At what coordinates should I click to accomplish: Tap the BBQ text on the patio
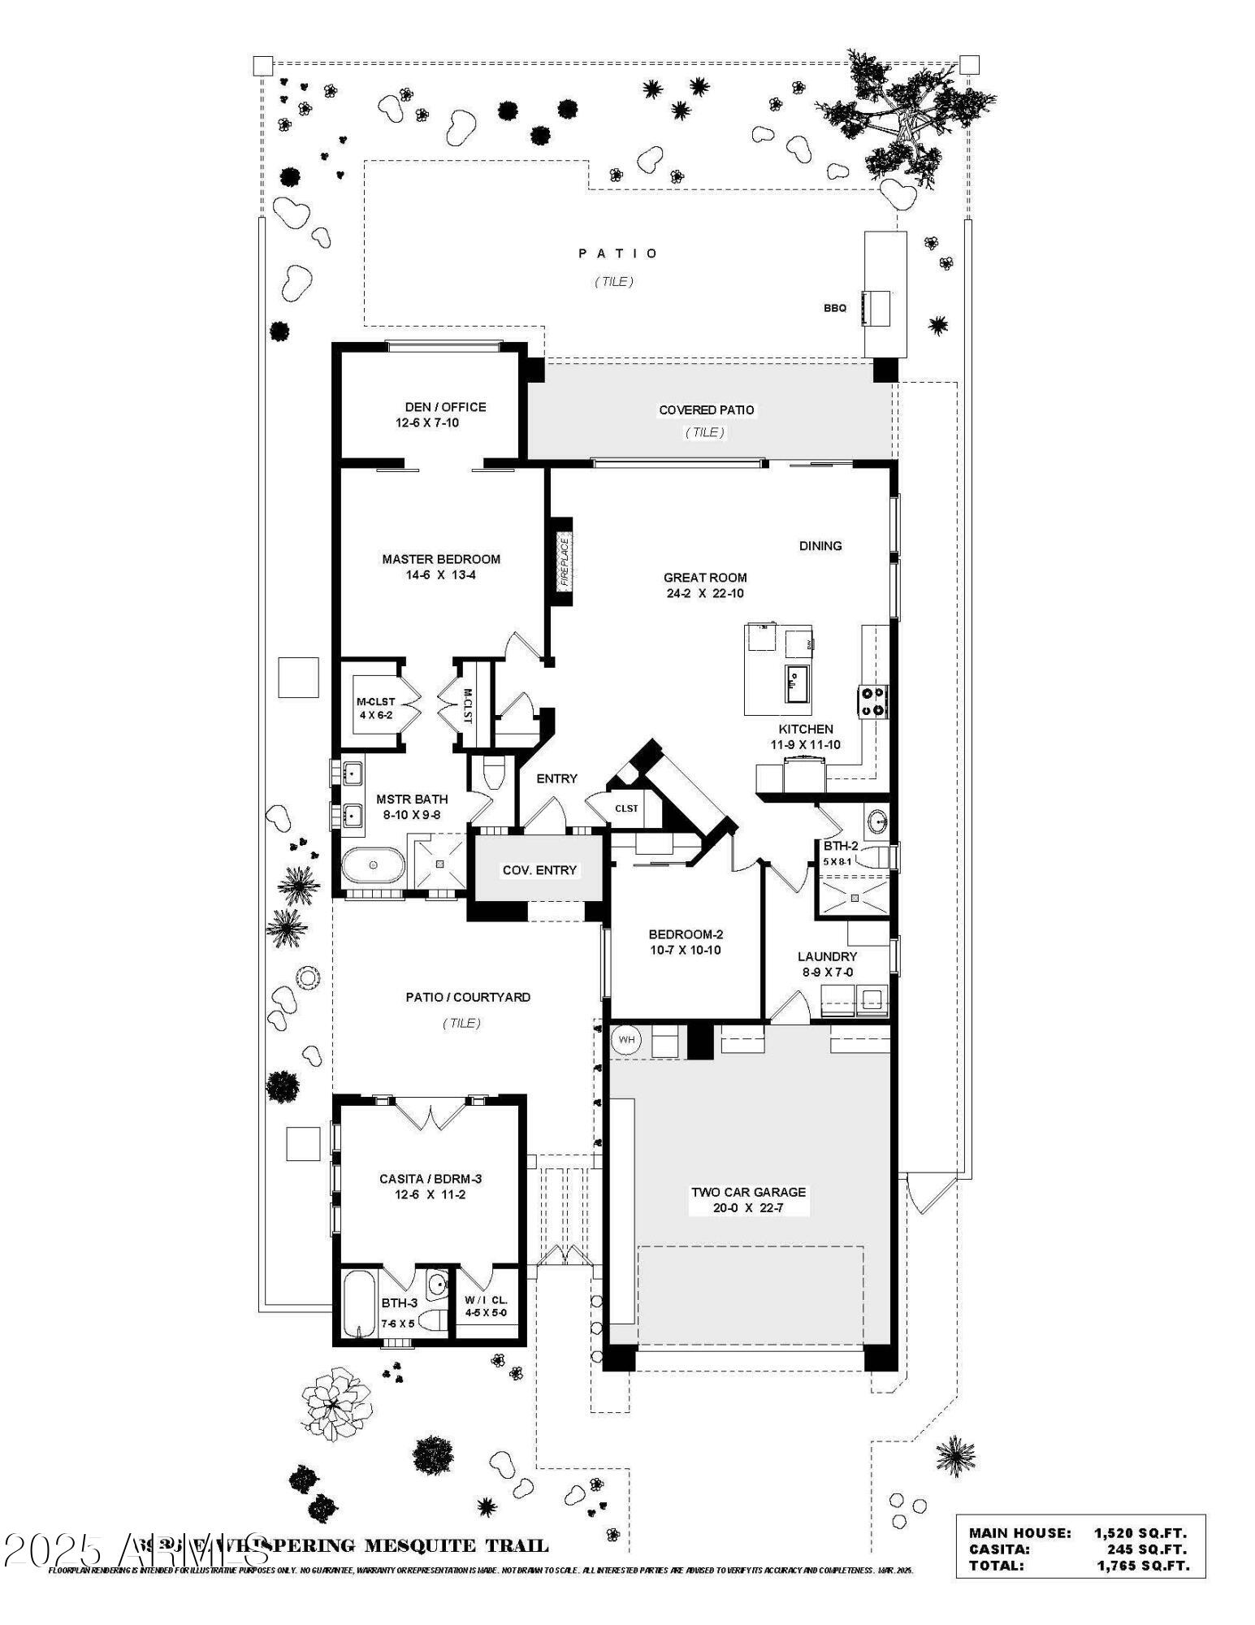coord(834,308)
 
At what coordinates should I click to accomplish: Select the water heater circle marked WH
coord(626,1039)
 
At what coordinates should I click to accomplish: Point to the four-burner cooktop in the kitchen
coord(874,701)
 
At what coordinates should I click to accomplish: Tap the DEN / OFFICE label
coord(445,407)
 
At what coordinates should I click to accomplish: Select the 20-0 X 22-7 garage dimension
coord(748,1208)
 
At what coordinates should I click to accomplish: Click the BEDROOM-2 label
coord(685,934)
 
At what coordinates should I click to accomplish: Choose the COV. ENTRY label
coord(539,870)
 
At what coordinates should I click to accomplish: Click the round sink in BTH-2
coord(877,821)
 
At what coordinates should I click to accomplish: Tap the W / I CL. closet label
coord(486,1299)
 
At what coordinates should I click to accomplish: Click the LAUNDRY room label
coord(827,956)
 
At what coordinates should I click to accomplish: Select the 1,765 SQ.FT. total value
coord(1143,1566)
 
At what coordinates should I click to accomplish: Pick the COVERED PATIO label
coord(706,410)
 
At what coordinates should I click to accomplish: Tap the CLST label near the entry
coord(626,808)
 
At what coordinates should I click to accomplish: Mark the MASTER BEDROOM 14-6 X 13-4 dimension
coord(441,574)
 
